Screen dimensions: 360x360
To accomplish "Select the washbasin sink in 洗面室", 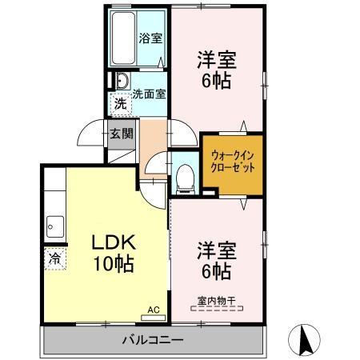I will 122,81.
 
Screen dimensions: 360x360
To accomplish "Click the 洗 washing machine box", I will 119,103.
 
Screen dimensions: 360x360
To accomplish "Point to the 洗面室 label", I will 148,93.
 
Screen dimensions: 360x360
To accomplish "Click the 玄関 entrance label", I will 122,133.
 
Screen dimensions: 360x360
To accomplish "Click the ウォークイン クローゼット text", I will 233,162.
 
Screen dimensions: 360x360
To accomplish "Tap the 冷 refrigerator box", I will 54,258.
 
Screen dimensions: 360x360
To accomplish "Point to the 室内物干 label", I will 216,300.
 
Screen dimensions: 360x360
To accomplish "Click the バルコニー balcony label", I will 153,339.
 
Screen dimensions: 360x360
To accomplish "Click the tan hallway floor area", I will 152,141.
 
